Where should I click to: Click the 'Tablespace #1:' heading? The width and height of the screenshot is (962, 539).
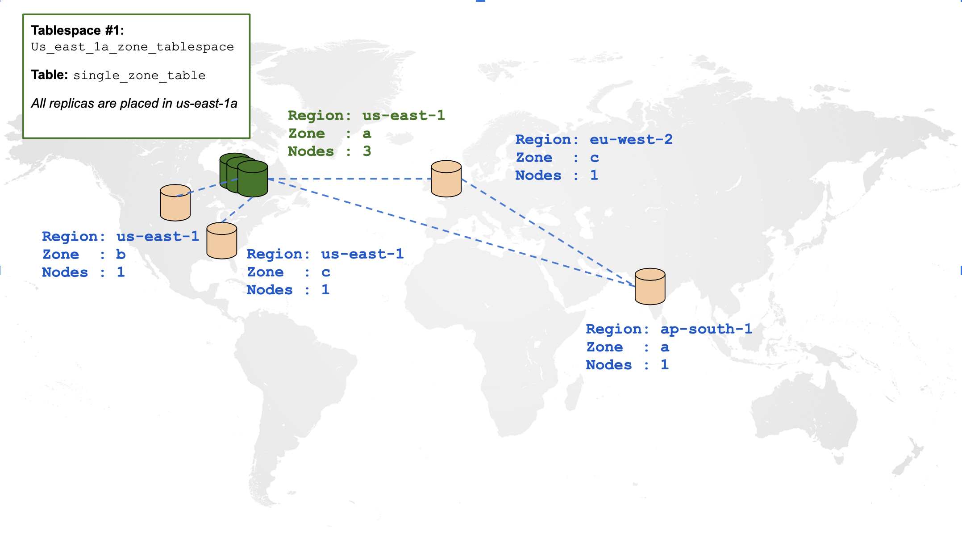point(77,30)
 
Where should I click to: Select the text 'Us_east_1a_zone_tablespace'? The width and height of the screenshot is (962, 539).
point(132,47)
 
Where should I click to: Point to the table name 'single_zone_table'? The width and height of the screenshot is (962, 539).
point(139,75)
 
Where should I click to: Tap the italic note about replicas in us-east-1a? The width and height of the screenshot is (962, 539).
point(134,104)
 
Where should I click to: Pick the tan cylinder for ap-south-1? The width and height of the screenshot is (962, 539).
point(650,287)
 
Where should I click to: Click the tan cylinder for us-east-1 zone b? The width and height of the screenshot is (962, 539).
point(175,203)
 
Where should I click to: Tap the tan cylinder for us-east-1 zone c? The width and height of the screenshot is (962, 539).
point(221,241)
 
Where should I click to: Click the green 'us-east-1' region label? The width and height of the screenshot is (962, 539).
point(404,116)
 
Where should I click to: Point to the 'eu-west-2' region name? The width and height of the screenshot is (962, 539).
point(631,140)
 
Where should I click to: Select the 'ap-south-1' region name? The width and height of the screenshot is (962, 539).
point(706,329)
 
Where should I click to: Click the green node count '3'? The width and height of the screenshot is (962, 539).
point(367,151)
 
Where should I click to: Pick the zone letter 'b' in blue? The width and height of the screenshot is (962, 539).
point(121,255)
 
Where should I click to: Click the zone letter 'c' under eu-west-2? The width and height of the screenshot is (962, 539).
point(594,158)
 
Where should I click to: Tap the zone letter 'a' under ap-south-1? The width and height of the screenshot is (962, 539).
point(665,347)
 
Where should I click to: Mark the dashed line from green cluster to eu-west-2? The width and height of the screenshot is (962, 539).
point(348,179)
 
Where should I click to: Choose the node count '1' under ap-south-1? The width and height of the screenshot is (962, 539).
point(665,365)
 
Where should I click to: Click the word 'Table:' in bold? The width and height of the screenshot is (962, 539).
point(49,75)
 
